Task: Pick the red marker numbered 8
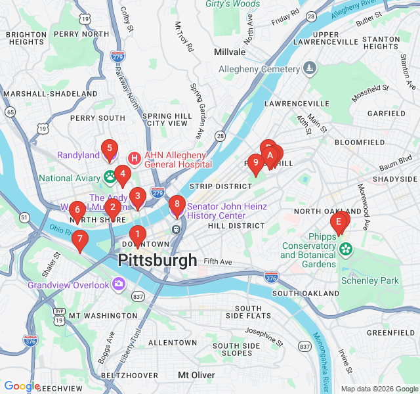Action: coord(177,204)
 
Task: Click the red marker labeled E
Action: coord(339,222)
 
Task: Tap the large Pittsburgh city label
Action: coord(157,260)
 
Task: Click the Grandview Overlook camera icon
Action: coord(119,284)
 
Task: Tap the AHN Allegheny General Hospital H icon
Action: coord(135,158)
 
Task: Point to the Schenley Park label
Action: coord(369,280)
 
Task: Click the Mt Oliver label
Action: coord(196,375)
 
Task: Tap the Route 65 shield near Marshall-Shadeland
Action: coord(10,112)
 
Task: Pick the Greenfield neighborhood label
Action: coord(390,333)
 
